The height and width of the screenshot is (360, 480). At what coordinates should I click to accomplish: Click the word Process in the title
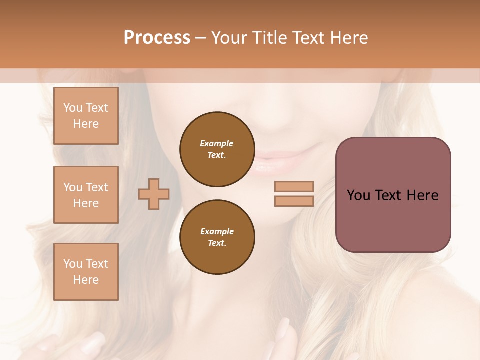157,38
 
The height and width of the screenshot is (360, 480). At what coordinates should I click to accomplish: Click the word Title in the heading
270,38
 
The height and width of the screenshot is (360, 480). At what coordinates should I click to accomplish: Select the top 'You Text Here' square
86,116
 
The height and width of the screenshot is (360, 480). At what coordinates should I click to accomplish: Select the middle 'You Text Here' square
86,195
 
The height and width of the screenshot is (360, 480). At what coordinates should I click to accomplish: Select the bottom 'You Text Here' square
86,272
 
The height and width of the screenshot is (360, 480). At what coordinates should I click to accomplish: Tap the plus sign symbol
154,194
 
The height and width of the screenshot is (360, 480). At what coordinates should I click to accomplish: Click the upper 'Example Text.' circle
217,149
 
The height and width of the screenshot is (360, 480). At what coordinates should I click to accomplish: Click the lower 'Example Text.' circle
217,237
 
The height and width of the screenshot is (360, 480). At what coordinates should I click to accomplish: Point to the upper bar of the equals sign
294,186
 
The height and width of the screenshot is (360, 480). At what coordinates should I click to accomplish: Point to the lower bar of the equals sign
294,201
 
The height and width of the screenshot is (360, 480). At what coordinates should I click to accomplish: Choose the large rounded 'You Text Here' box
393,195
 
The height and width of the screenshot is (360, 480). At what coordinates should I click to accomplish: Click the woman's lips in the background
280,162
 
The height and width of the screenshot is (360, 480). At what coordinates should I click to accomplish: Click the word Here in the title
350,38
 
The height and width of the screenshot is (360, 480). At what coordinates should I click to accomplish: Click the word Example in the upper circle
217,143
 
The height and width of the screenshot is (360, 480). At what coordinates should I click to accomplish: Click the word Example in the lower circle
217,231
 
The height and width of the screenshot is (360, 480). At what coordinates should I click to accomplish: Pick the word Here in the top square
86,124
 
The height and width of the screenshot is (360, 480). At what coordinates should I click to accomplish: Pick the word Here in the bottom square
86,280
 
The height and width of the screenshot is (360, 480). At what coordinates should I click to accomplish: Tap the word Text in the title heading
311,38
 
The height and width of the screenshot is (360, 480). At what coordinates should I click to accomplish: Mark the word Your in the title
230,38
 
